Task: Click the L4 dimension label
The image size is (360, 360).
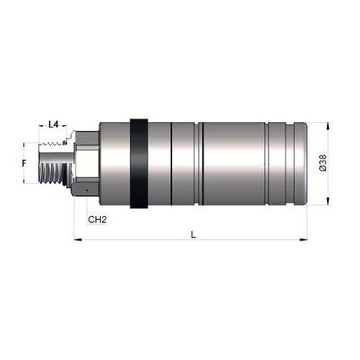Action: pos(53,125)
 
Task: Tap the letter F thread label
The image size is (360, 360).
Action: pos(24,163)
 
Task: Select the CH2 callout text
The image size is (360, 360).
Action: pos(97,220)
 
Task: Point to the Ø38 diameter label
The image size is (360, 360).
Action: pos(323,163)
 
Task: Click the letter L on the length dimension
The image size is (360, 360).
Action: pos(194,235)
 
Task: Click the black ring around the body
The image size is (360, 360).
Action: pos(139,163)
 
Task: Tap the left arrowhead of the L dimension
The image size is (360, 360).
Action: pos(78,239)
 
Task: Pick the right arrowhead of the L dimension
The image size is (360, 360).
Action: pos(303,239)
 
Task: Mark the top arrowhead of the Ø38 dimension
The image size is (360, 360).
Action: pos(328,127)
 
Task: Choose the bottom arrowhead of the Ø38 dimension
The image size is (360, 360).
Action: pos(328,201)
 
